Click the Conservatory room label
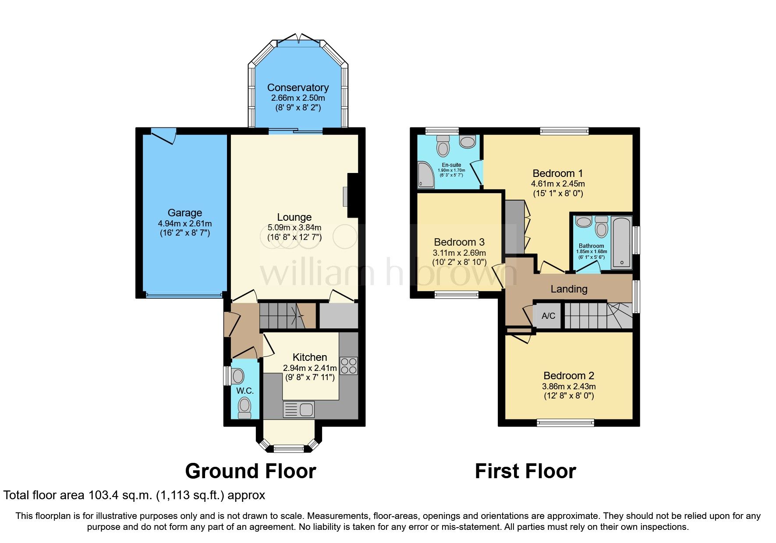coord(298,88)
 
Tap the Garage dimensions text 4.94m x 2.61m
coord(184,223)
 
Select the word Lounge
coord(294,217)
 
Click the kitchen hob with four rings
coord(348,366)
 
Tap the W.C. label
coord(245,391)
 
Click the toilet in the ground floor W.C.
coord(244,408)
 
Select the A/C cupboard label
coord(548,316)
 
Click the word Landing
coord(569,289)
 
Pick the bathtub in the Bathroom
coord(621,242)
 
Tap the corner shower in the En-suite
coord(425,175)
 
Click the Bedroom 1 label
coord(557,173)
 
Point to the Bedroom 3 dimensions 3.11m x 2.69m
coord(459,253)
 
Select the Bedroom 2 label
coord(568,376)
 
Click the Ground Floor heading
coord(250,471)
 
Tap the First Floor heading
coord(525,471)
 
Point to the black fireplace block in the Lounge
coord(353,195)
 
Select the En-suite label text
coord(451,165)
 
